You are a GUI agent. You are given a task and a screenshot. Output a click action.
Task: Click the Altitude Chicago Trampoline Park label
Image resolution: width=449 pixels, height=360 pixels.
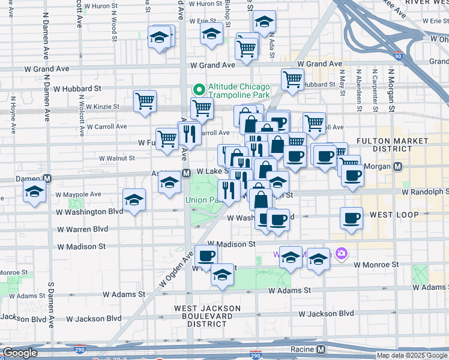pos(239,91)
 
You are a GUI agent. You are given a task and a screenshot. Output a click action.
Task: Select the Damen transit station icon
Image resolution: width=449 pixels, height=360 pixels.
pos(47,179)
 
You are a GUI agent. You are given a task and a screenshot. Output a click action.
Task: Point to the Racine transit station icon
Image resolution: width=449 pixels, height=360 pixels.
pos(322,349)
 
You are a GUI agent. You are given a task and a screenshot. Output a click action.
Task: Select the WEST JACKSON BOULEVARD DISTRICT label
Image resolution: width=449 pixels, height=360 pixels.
pos(207,316)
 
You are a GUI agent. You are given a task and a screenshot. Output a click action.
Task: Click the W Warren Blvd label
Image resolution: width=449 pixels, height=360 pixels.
pos(82,229)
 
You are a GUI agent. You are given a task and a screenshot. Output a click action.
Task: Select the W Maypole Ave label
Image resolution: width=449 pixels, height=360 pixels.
pos(79,194)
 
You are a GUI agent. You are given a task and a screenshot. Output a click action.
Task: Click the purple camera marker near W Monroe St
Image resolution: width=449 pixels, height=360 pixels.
pos(342,254)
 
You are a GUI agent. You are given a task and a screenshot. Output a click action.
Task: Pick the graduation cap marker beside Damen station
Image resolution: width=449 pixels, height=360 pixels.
pos(35,192)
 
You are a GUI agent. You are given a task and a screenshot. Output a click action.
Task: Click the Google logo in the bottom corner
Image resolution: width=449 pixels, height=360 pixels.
pos(20,353)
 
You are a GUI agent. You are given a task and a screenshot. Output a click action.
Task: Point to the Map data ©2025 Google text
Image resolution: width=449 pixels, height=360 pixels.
pos(412,355)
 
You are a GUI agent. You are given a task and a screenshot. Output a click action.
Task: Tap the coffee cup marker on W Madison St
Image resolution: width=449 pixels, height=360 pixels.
pos(206,256)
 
